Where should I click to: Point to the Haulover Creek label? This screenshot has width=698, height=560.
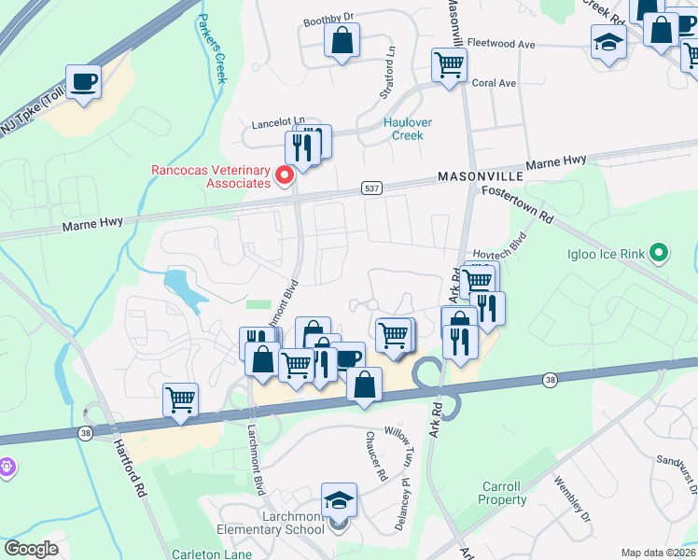point(403,129)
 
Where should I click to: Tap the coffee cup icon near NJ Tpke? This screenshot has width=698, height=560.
point(83,80)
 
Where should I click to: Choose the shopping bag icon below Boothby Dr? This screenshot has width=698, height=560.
point(342,39)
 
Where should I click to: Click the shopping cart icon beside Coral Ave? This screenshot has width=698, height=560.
point(449,65)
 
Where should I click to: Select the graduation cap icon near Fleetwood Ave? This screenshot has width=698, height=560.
point(608,42)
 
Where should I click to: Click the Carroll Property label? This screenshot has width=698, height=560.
point(504,493)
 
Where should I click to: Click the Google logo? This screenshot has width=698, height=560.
point(31,549)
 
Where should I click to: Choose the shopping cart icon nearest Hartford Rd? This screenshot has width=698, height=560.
point(181,399)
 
